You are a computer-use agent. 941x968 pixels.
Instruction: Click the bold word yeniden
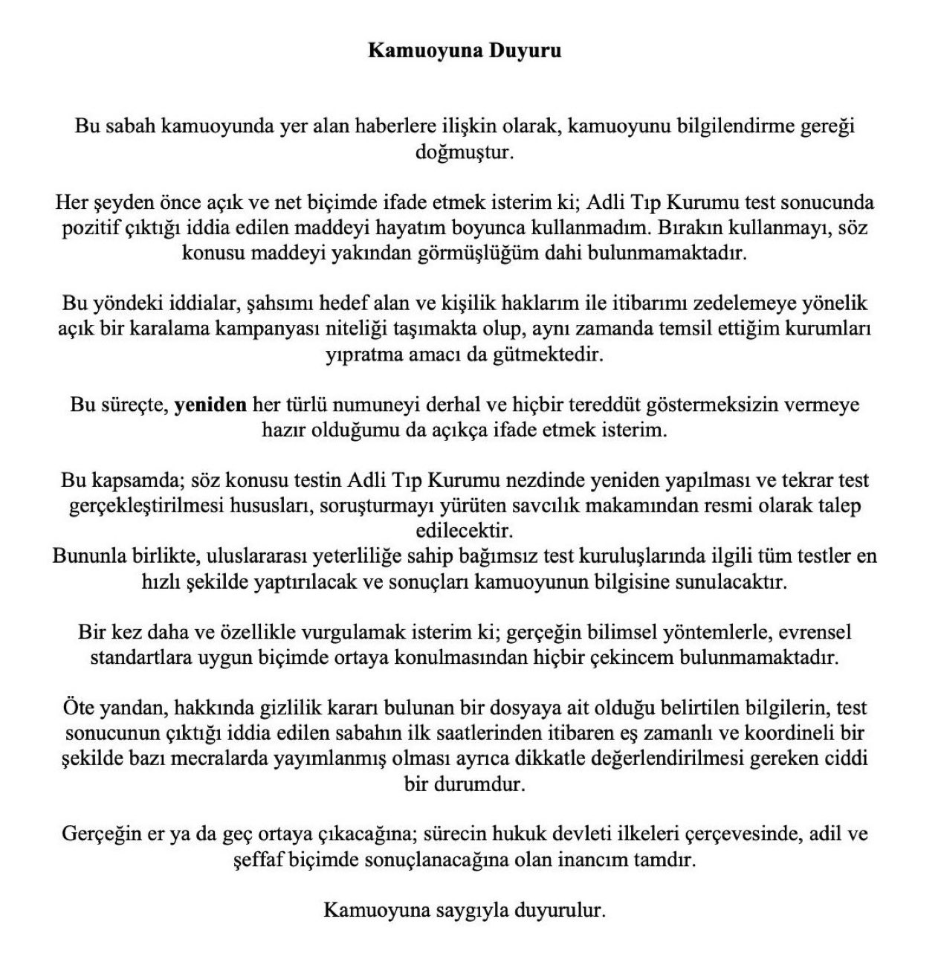pyautogui.click(x=210, y=405)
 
